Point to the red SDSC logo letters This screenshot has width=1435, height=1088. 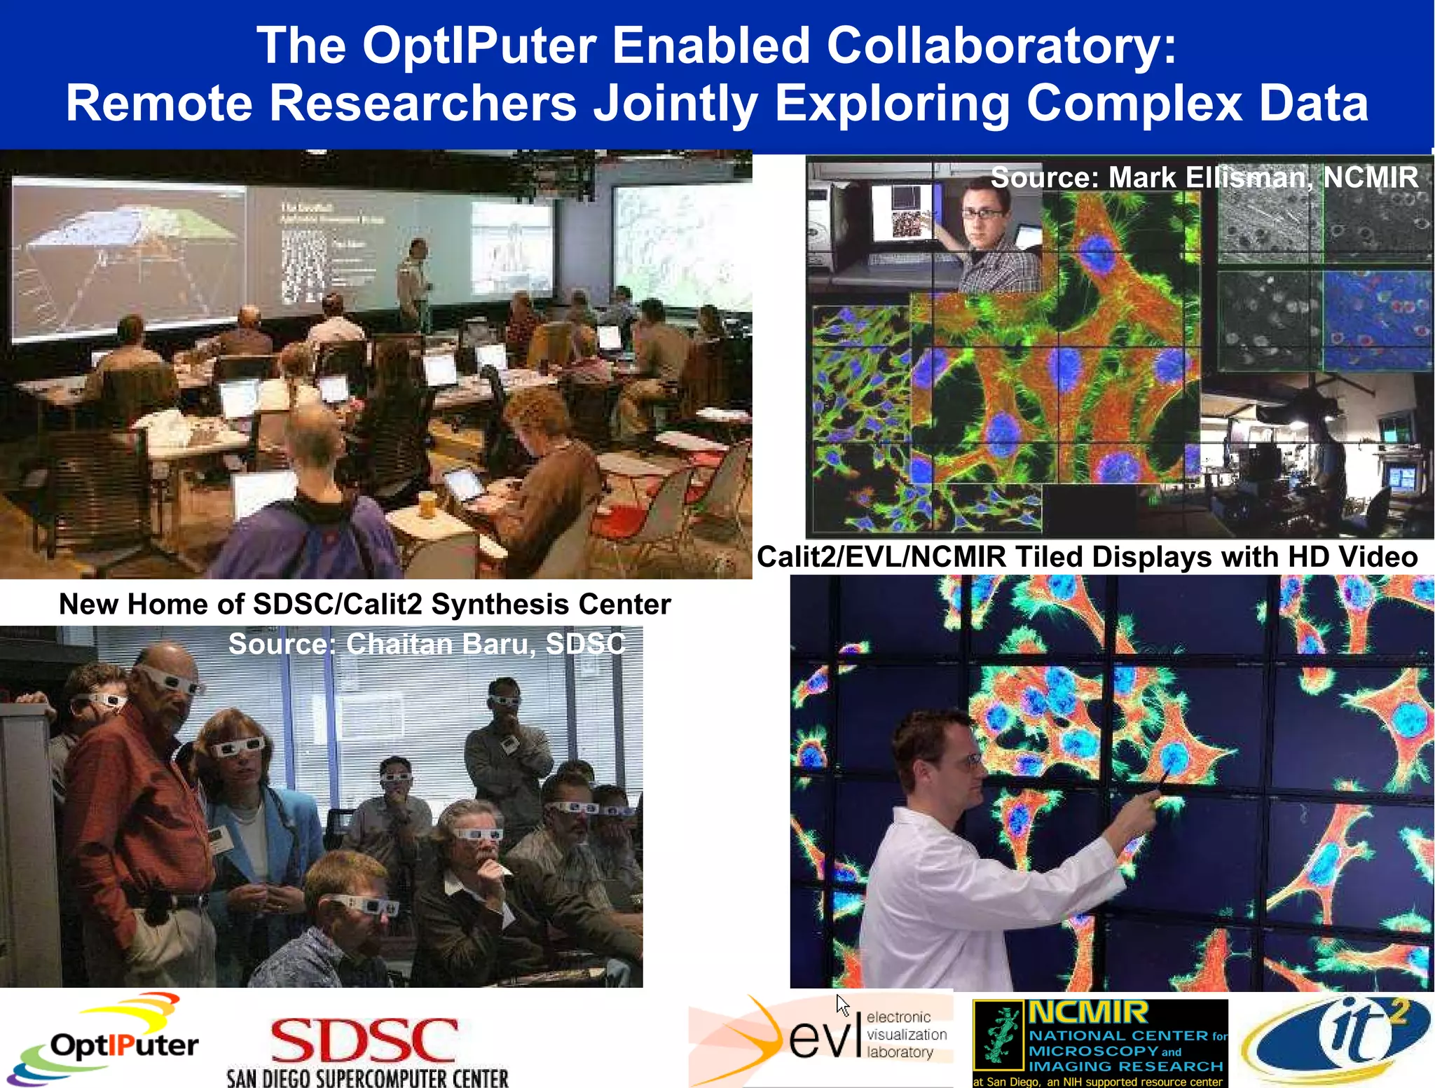364,1041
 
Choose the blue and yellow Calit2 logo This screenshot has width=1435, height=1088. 1334,1041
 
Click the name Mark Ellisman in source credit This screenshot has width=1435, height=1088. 1209,177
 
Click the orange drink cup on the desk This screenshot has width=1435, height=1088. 426,504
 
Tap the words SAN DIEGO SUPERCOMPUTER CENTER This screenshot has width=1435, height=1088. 367,1077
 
